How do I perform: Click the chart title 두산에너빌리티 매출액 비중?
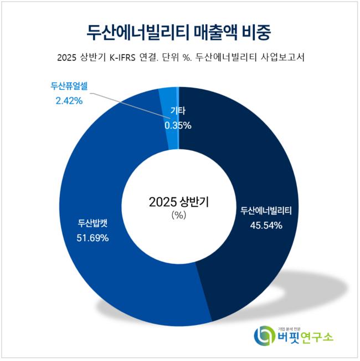(x=179, y=31)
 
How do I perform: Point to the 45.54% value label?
(x=265, y=226)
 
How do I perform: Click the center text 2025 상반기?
(x=179, y=201)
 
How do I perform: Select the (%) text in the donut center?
(x=179, y=215)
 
